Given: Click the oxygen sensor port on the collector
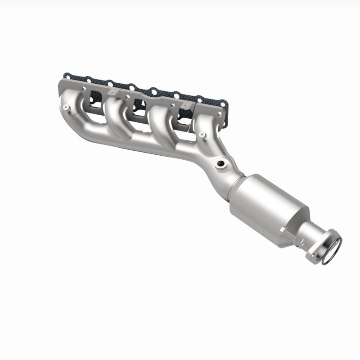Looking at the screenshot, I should coord(221,164).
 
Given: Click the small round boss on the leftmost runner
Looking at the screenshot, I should coord(66,108).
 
